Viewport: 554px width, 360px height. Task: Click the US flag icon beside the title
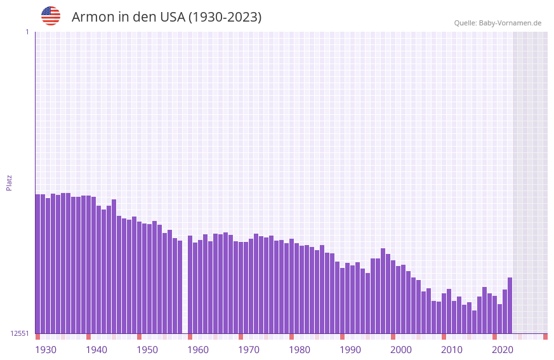click(x=51, y=16)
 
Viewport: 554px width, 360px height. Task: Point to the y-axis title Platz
click(x=9, y=183)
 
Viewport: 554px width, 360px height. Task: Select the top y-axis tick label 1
click(x=27, y=32)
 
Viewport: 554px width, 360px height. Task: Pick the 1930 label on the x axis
click(x=46, y=350)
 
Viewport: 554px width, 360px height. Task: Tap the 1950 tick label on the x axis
click(x=147, y=350)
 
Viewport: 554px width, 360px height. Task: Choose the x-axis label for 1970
click(x=249, y=350)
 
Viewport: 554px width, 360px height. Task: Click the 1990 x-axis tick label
click(x=350, y=350)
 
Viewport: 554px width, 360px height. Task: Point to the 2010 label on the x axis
click(x=452, y=350)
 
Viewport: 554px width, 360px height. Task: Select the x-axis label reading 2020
click(x=503, y=350)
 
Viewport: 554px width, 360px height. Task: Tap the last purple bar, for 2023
click(x=510, y=305)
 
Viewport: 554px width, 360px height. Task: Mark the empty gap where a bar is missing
click(x=185, y=286)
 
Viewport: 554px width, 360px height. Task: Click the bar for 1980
click(x=291, y=286)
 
